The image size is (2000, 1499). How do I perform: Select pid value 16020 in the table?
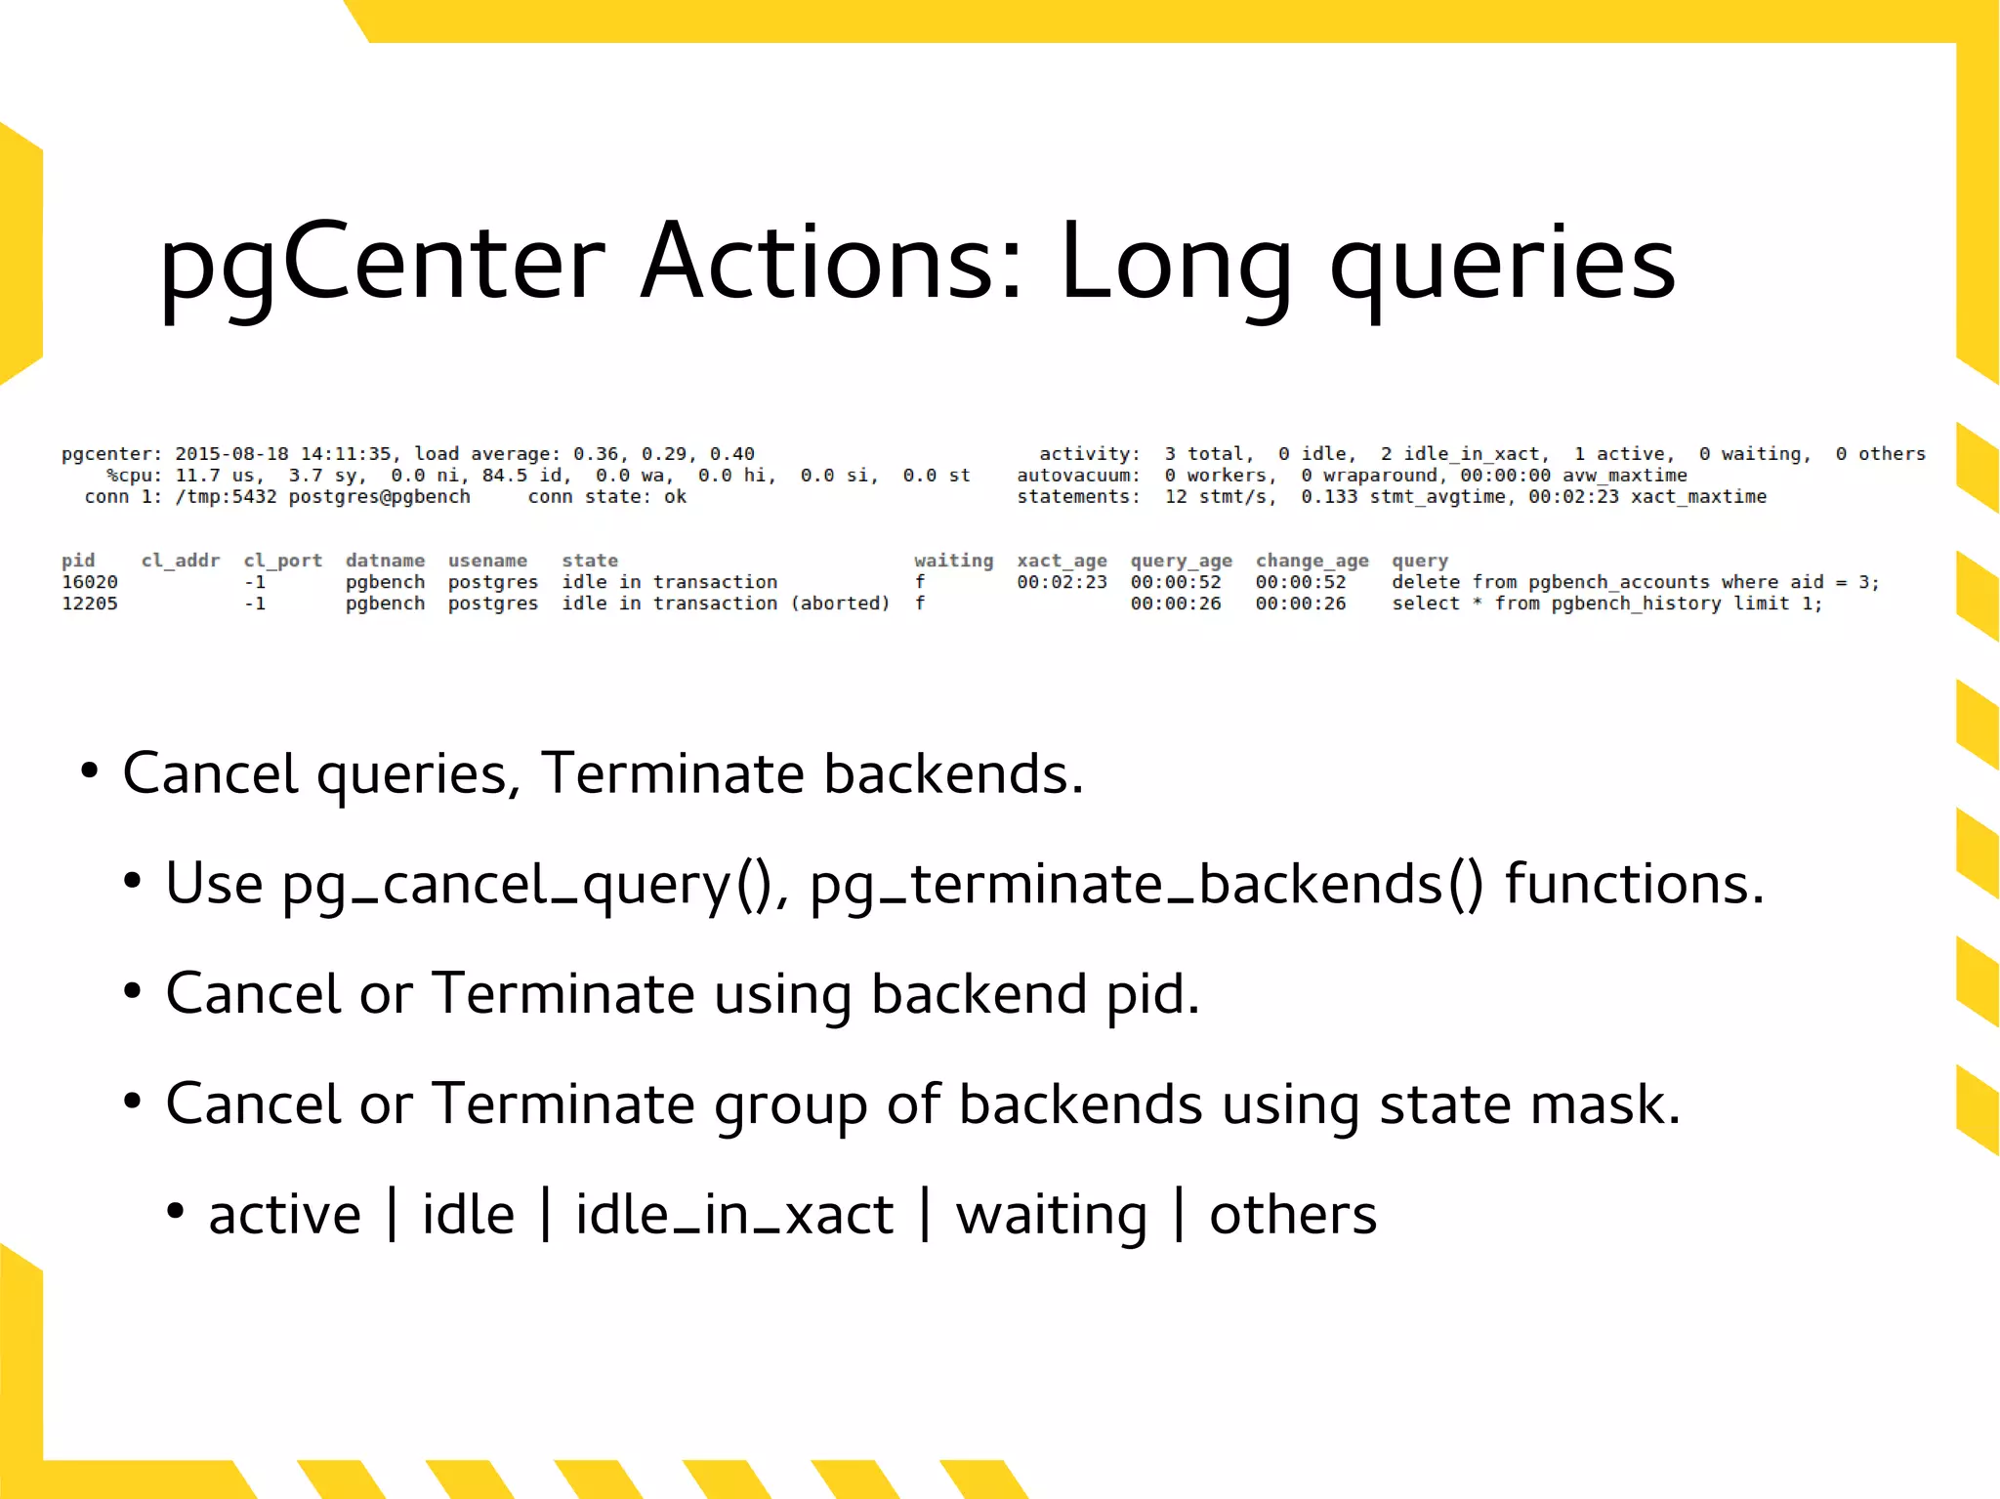click(x=90, y=582)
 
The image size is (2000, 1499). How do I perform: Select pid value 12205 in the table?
click(x=90, y=604)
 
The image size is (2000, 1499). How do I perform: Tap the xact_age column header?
click(x=1062, y=561)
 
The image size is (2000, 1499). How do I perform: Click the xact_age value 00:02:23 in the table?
click(x=1062, y=582)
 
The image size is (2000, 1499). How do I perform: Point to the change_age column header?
click(x=1312, y=561)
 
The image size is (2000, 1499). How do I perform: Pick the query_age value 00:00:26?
click(x=1176, y=604)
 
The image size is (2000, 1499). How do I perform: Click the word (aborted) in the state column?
click(x=840, y=604)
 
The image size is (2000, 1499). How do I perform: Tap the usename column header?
click(x=487, y=561)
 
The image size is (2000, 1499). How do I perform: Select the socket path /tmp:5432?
click(x=226, y=497)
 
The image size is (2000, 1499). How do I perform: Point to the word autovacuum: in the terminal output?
click(x=1078, y=476)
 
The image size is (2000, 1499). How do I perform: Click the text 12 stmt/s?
click(x=1220, y=497)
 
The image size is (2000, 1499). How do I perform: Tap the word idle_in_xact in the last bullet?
click(x=734, y=1216)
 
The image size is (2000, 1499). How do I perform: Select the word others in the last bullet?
click(x=1293, y=1216)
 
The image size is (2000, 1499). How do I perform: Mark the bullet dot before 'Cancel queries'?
click(x=90, y=771)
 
